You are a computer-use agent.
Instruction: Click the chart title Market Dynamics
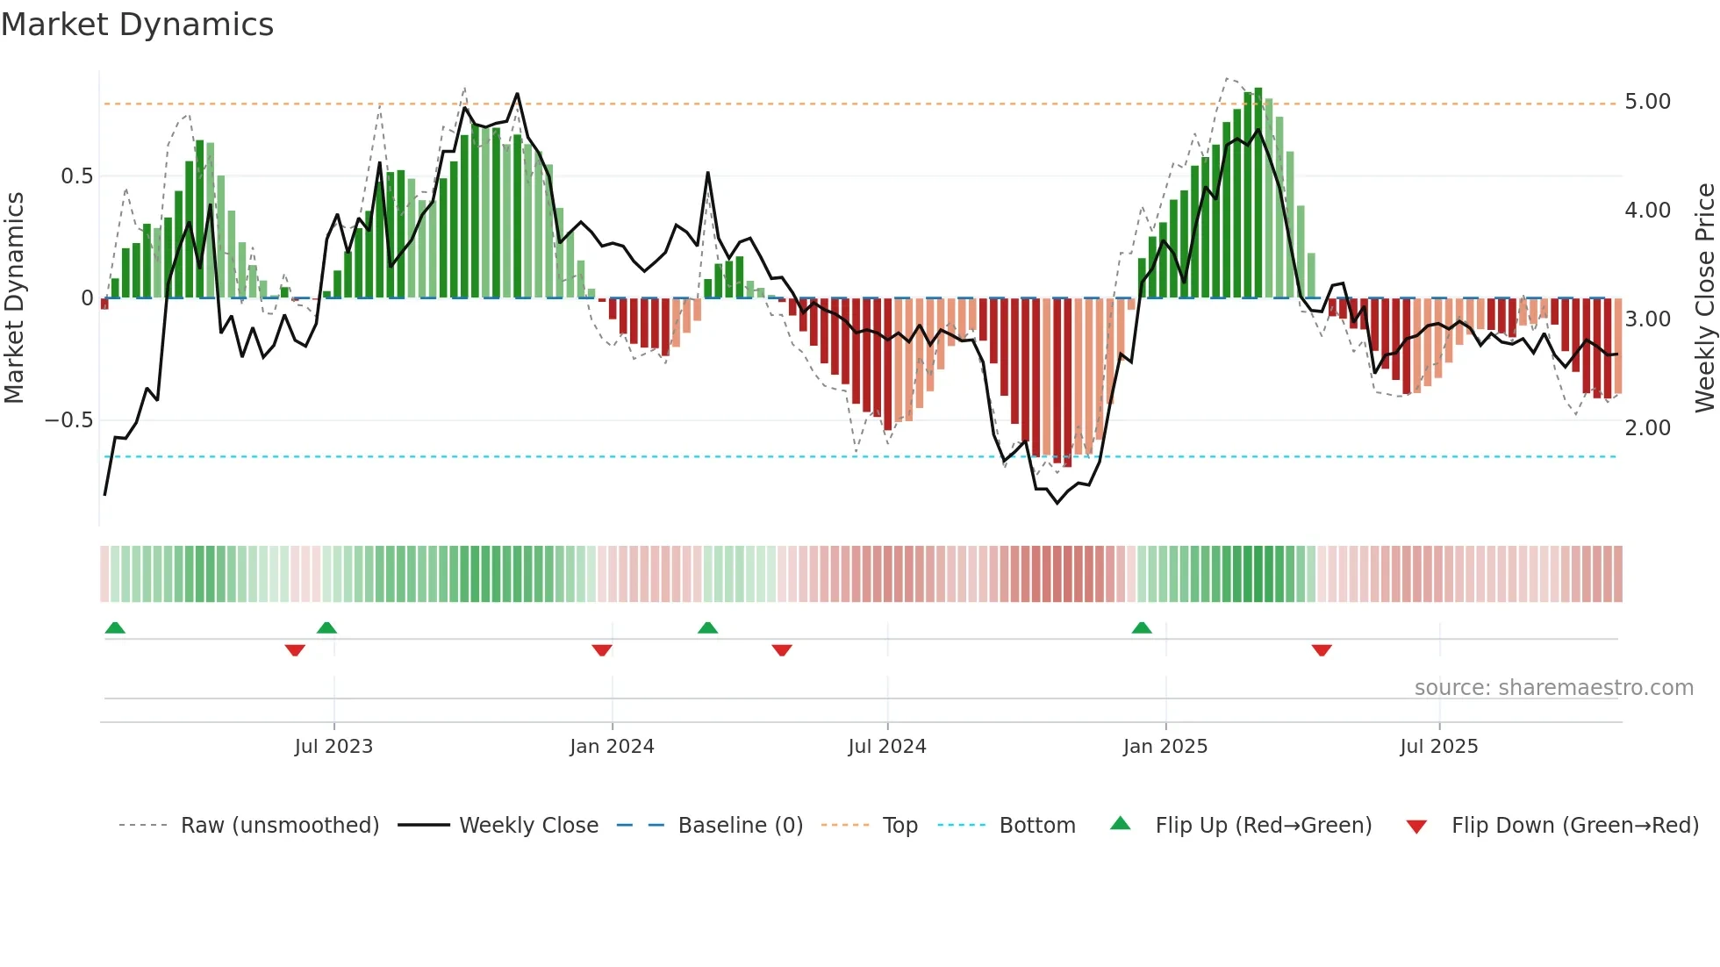(138, 25)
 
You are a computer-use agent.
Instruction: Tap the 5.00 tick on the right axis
(1647, 102)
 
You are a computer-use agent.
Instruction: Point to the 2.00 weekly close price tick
(1647, 428)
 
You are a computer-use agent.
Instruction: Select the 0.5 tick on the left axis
(76, 176)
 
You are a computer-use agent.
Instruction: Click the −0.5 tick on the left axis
(68, 420)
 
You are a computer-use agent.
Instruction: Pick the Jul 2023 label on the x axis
(333, 747)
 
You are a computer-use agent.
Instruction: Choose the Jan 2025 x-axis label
(1165, 747)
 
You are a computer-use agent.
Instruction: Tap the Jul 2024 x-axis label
(886, 747)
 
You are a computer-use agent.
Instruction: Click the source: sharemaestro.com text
(1553, 688)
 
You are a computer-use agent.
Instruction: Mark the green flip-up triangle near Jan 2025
(1141, 628)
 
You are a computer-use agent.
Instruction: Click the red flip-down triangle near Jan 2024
(602, 650)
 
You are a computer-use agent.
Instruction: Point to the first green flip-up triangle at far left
(115, 628)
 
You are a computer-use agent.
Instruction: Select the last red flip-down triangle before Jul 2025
(1322, 650)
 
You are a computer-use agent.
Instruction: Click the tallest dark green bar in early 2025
(1258, 193)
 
